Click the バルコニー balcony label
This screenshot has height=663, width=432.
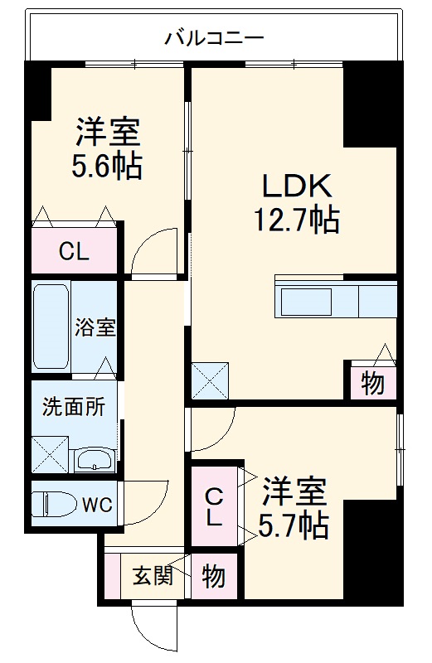[215, 37]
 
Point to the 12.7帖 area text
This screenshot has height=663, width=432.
[295, 220]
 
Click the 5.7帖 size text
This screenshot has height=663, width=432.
[293, 525]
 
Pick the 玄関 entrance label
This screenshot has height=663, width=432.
[153, 575]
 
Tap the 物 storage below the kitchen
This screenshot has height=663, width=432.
[371, 385]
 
